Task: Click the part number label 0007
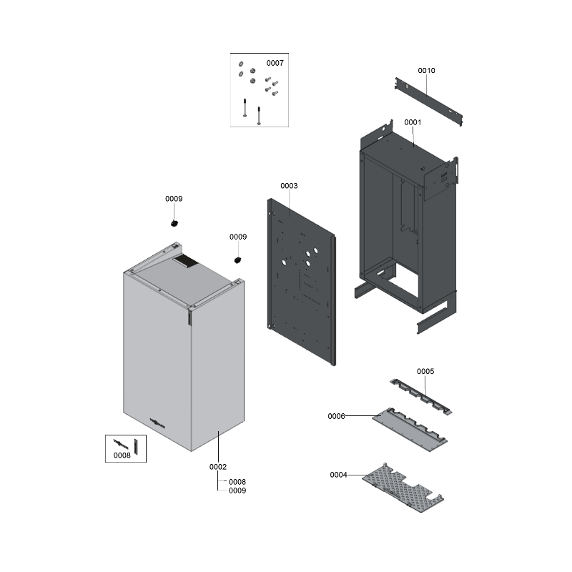click(275, 63)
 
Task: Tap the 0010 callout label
click(426, 71)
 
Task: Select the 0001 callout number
click(413, 122)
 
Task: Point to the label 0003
click(289, 186)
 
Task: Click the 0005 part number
click(425, 372)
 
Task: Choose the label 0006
click(337, 416)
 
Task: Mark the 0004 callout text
click(339, 475)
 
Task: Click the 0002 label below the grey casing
click(218, 467)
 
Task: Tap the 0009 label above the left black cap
click(174, 199)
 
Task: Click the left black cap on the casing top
click(174, 223)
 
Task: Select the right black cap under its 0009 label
click(238, 260)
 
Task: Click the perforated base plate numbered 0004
click(404, 488)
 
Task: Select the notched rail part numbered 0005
click(422, 395)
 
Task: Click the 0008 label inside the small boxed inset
click(122, 455)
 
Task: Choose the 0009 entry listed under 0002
click(237, 490)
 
